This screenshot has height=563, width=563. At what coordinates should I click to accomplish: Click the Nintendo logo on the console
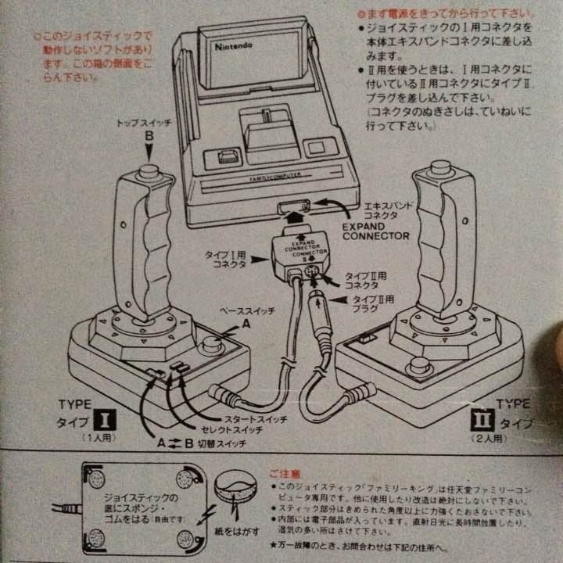(x=234, y=48)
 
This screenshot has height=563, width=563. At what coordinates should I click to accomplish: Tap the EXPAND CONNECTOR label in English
(x=375, y=228)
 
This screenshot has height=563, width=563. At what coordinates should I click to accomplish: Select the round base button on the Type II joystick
(x=420, y=365)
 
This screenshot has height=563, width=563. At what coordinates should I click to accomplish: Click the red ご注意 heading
(x=285, y=474)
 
